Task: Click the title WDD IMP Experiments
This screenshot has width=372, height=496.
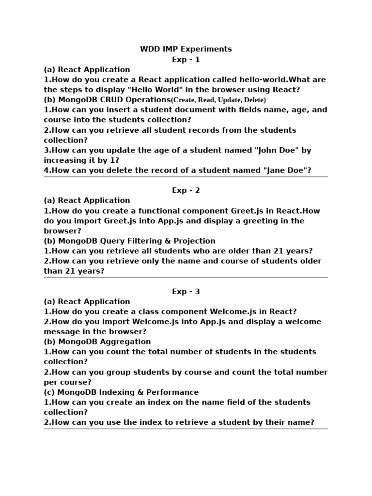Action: (x=186, y=49)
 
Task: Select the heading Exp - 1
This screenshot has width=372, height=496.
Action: (x=186, y=60)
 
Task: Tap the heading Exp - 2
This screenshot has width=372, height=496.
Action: (x=186, y=190)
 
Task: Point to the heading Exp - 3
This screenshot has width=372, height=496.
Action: (x=186, y=292)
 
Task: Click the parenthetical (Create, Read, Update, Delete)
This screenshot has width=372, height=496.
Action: (x=218, y=100)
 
